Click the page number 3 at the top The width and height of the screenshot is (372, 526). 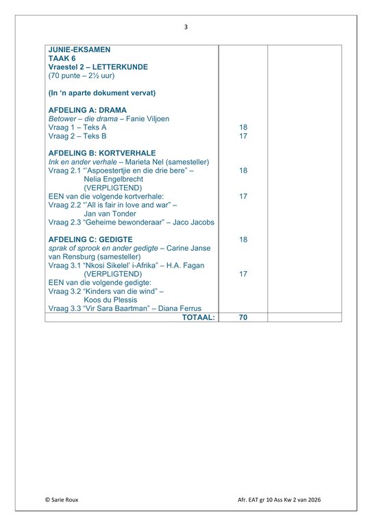[x=186, y=27]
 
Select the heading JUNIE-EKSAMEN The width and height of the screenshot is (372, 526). [x=79, y=50]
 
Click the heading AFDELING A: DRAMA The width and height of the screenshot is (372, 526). [x=87, y=110]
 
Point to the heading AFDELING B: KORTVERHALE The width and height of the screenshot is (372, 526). [x=102, y=153]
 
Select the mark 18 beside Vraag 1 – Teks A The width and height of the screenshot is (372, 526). [x=243, y=127]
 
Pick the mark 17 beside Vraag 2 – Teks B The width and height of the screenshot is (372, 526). [x=243, y=136]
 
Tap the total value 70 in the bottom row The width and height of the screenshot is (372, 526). [x=243, y=318]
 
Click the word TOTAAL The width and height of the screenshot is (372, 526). [x=198, y=318]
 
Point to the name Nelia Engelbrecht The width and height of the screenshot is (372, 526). [x=113, y=179]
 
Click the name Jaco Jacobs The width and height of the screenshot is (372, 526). [x=190, y=222]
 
